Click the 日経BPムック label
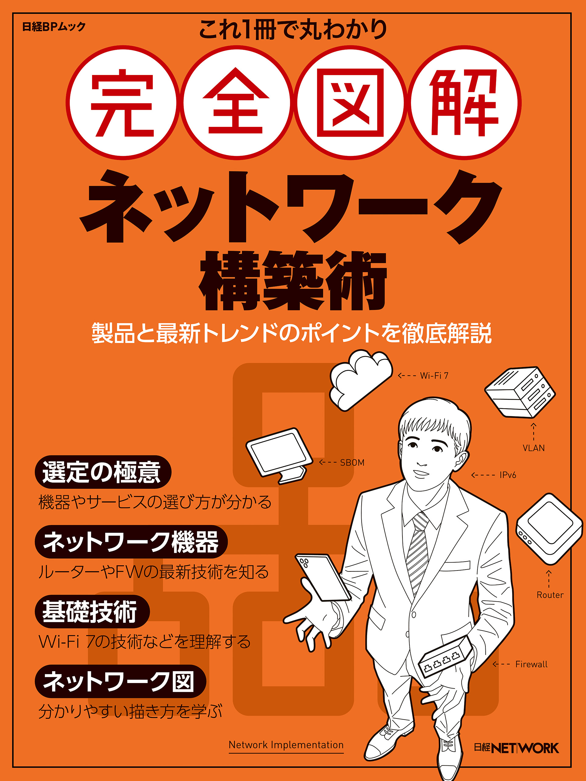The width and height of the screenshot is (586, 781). point(54,27)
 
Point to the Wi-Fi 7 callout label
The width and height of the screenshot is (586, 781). point(434,376)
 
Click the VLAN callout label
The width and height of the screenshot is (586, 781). point(534,448)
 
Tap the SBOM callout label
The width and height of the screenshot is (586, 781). point(352,462)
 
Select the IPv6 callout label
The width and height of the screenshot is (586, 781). point(508,475)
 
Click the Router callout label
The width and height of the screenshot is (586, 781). point(550,595)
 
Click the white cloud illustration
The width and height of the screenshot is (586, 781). point(360,380)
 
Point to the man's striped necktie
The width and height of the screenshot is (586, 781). point(417,551)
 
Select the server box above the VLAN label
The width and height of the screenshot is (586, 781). point(519,392)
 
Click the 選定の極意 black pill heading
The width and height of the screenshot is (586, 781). point(103,472)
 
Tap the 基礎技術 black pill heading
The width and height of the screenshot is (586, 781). point(92,611)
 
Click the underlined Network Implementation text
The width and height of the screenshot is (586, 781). point(286,745)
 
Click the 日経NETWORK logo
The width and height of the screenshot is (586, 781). point(516,748)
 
